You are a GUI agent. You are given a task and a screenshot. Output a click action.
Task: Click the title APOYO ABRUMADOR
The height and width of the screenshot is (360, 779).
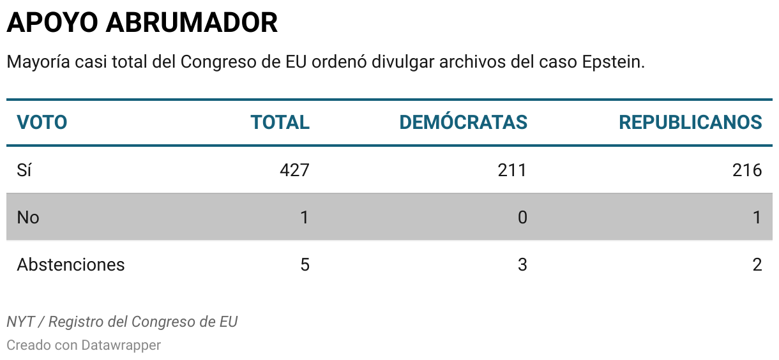142,23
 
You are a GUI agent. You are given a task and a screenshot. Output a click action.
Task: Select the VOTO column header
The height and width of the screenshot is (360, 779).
42,122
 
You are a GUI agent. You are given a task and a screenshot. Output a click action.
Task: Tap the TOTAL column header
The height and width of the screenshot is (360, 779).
280,122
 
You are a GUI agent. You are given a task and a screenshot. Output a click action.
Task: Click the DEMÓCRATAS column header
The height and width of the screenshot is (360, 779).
463,122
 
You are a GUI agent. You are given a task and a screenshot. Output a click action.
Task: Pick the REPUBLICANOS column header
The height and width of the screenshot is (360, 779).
690,122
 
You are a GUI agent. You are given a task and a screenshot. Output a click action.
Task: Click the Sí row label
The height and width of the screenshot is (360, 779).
24,170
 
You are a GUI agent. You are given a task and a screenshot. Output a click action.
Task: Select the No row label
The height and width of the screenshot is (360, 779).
28,217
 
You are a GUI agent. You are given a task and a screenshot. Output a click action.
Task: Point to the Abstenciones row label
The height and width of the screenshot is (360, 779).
71,264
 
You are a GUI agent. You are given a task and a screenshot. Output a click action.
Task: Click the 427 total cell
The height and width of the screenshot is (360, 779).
294,170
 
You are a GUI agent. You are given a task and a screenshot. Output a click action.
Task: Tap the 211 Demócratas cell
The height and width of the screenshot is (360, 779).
512,170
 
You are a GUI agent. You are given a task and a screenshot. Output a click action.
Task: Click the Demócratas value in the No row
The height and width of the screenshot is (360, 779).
522,217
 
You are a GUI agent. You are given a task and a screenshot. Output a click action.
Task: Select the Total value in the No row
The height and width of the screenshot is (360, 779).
305,217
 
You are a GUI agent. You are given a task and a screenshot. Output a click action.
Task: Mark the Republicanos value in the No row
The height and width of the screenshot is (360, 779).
757,217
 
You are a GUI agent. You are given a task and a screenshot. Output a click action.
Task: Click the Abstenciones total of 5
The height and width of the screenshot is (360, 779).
305,264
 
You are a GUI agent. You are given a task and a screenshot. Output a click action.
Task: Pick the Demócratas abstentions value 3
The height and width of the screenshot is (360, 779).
522,264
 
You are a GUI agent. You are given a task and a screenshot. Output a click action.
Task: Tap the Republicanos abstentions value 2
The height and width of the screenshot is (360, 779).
757,264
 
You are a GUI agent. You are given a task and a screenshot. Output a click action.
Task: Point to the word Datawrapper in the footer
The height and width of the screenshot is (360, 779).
121,345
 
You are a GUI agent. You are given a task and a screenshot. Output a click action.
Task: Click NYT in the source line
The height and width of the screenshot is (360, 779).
20,322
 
